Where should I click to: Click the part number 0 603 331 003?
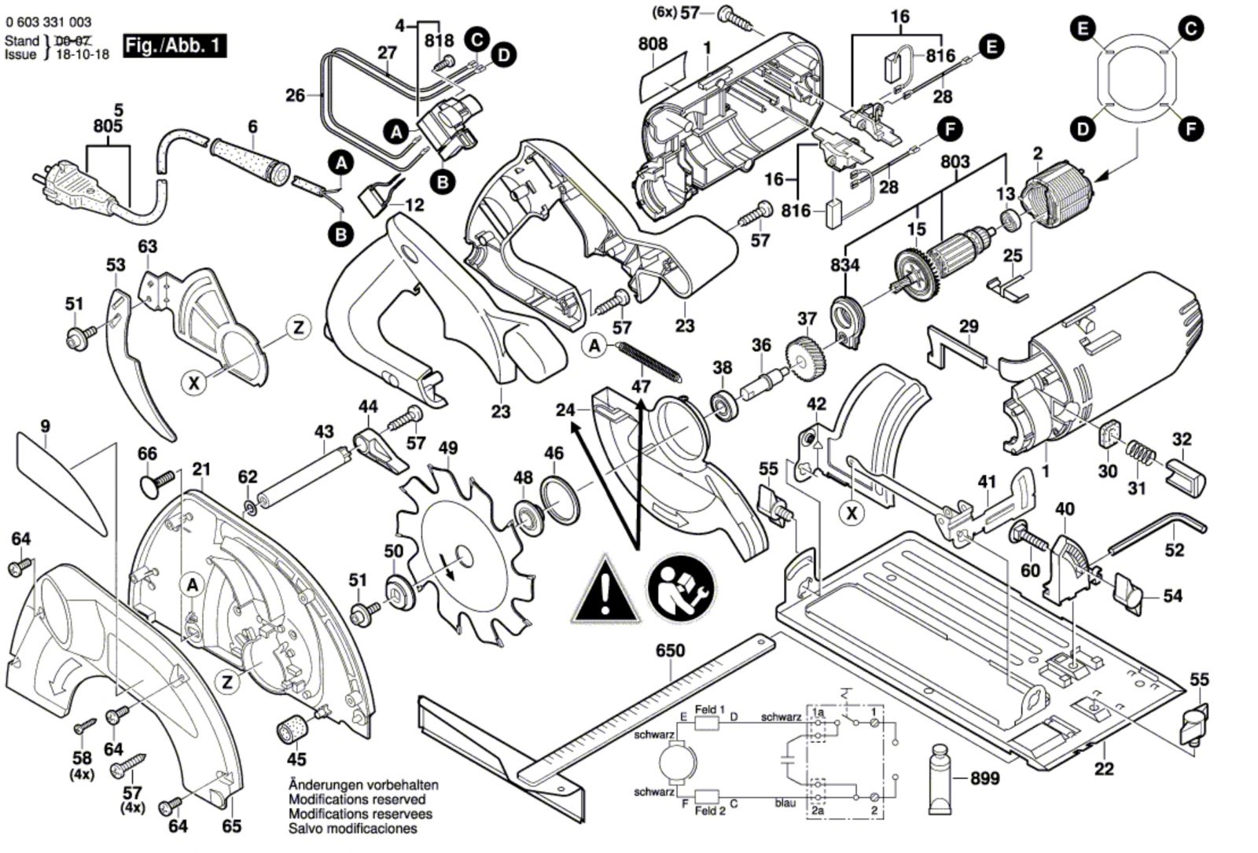pos(48,22)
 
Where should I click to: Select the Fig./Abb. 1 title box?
pos(175,46)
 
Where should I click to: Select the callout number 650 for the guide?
pos(669,651)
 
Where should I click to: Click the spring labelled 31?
pos(1140,456)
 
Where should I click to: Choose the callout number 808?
pos(653,44)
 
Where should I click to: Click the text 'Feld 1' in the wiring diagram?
pos(709,709)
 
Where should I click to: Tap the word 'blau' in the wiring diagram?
pos(785,803)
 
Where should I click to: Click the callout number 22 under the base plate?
pos(1104,768)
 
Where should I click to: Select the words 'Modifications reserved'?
pos(357,800)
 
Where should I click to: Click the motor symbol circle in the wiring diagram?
pos(676,760)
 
